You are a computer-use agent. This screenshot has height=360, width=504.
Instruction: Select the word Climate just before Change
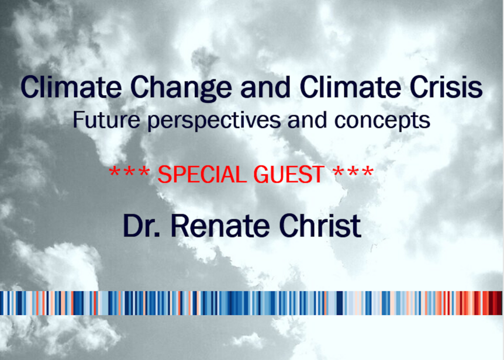[x=71, y=86]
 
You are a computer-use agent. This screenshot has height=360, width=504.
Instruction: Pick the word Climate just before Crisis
[x=350, y=86]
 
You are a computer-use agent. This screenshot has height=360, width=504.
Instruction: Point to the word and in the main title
[x=265, y=87]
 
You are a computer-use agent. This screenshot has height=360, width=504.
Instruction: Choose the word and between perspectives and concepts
[x=308, y=120]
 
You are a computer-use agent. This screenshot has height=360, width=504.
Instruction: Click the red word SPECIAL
[x=205, y=174]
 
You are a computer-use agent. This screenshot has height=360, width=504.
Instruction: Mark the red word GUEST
[x=289, y=174]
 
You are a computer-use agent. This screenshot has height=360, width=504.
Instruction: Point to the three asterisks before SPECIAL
[x=129, y=171]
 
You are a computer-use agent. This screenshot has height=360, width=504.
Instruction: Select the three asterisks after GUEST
[x=354, y=171]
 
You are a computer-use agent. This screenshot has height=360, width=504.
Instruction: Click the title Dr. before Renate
[x=141, y=226]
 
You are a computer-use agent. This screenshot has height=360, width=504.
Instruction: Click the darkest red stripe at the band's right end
[x=498, y=303]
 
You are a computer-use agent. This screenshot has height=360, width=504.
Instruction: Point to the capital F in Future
[x=78, y=119]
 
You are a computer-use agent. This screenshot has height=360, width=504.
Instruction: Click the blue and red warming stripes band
[x=251, y=303]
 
